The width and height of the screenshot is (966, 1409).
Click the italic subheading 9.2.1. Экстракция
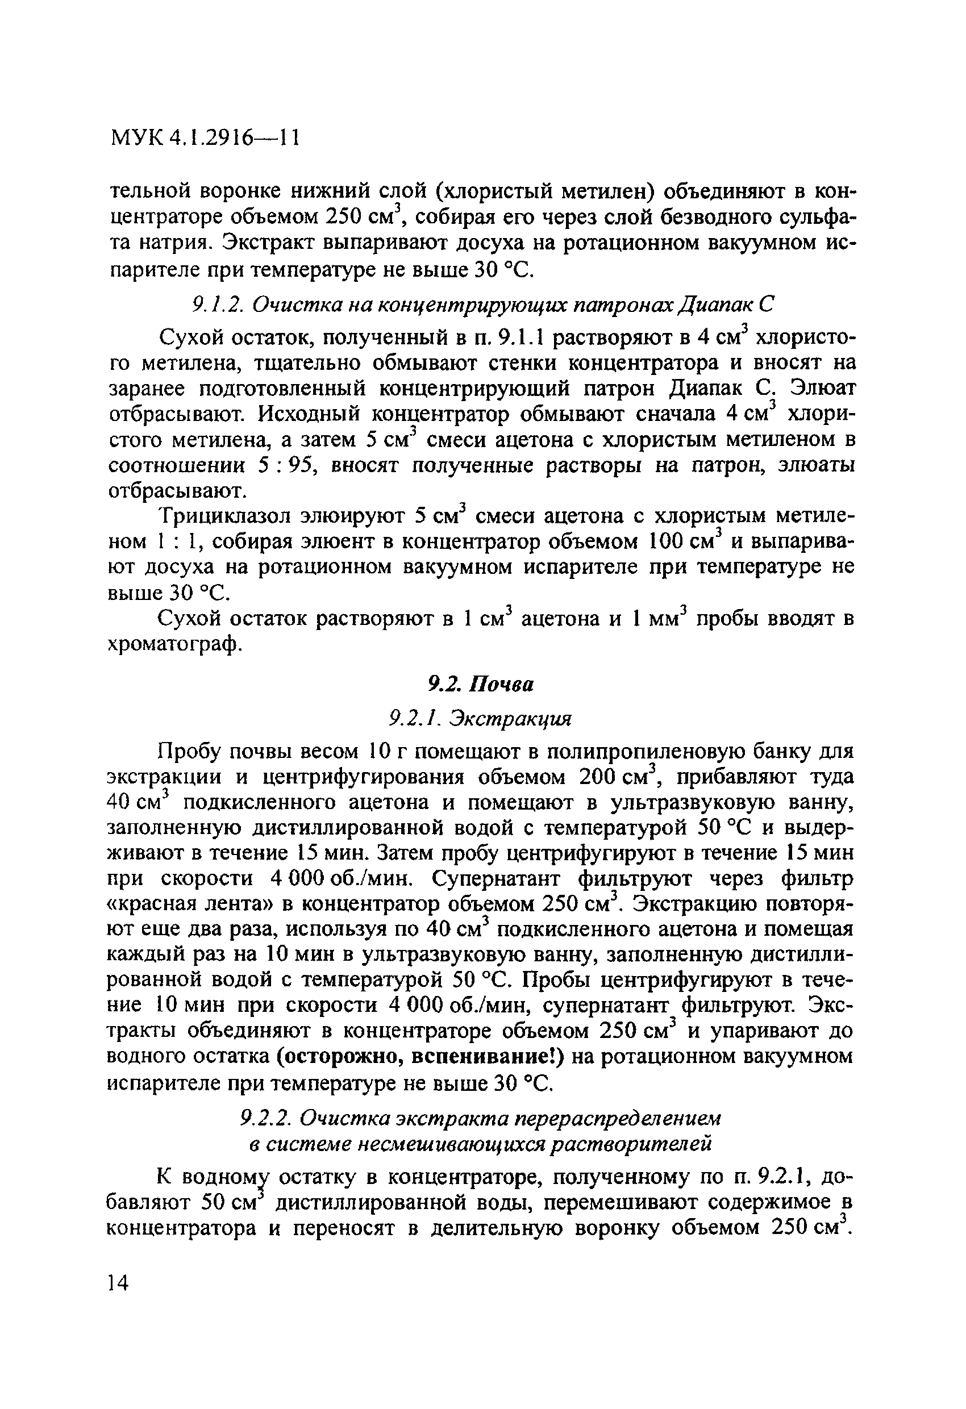[480, 719]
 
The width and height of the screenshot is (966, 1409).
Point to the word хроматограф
[174, 644]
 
